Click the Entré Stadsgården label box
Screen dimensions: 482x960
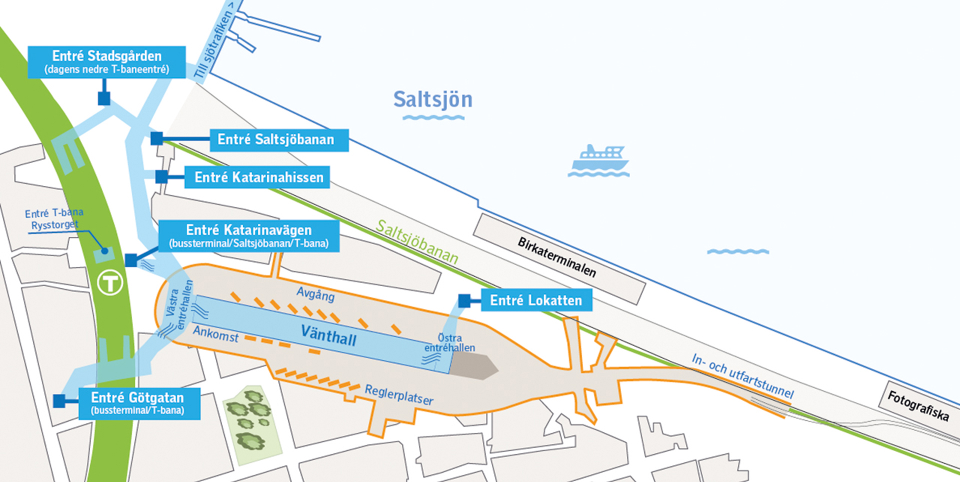pos(106,62)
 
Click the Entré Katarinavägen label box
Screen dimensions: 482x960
pos(248,236)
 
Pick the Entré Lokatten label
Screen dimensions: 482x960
pos(536,300)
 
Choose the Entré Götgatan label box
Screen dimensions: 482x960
pos(139,403)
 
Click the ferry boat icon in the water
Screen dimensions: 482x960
pos(599,159)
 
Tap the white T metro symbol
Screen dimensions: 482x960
pos(109,283)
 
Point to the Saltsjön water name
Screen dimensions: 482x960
pos(432,99)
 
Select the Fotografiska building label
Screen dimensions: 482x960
pos(918,405)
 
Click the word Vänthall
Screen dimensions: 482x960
pos(328,335)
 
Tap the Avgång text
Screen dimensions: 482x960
pos(315,293)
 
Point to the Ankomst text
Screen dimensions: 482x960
pos(215,333)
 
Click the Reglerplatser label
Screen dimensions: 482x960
pos(399,394)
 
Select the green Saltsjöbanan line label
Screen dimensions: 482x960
pos(416,242)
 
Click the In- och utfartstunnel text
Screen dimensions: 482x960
pos(742,375)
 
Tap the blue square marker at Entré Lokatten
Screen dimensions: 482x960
pos(464,300)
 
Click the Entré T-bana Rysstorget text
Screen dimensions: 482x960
pos(54,219)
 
